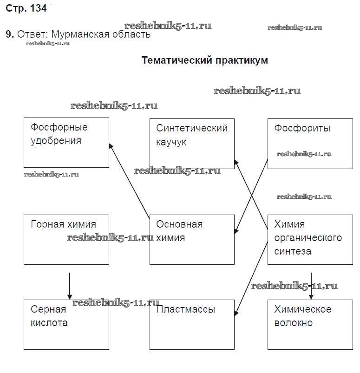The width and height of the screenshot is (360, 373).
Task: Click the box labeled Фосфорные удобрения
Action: [66, 142]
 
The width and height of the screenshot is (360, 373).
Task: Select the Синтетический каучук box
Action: [192, 143]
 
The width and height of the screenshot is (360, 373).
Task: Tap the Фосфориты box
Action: [310, 143]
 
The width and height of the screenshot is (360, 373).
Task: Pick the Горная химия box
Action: [66, 239]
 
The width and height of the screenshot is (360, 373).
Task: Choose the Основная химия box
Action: [192, 239]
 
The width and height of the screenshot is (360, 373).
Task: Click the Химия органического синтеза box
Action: [310, 239]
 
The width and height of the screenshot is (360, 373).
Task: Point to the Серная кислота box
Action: [66, 324]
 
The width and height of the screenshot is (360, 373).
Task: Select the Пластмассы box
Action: [192, 324]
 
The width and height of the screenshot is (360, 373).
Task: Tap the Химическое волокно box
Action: [310, 324]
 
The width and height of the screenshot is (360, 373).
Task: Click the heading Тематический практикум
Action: [204, 60]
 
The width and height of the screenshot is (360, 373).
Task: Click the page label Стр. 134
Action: [26, 9]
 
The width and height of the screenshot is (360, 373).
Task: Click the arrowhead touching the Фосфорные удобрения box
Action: [111, 146]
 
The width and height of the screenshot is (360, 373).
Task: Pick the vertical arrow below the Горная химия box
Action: [70, 285]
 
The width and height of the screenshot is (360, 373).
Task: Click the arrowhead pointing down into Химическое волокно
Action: [311, 297]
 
